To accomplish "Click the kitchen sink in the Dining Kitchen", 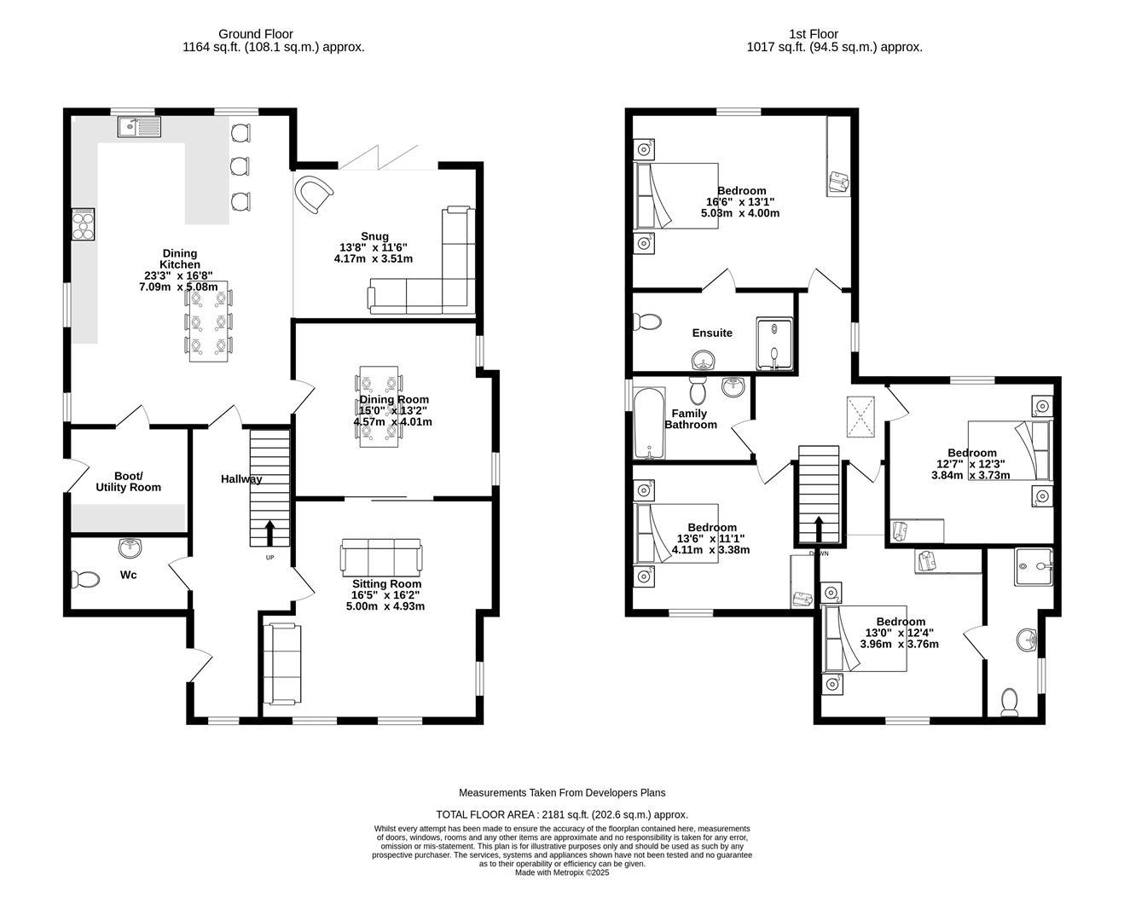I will (140, 128).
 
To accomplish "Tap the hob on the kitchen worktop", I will (84, 225).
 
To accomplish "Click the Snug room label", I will (374, 236).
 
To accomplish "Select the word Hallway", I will (241, 479).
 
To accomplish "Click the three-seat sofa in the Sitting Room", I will (380, 557).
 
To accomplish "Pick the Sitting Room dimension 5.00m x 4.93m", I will (385, 606).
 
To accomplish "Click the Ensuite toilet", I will (648, 321).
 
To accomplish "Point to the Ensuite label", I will (712, 333).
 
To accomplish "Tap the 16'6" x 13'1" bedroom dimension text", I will (740, 202).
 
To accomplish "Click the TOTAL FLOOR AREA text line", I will (561, 814).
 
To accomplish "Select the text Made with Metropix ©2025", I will (561, 872).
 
